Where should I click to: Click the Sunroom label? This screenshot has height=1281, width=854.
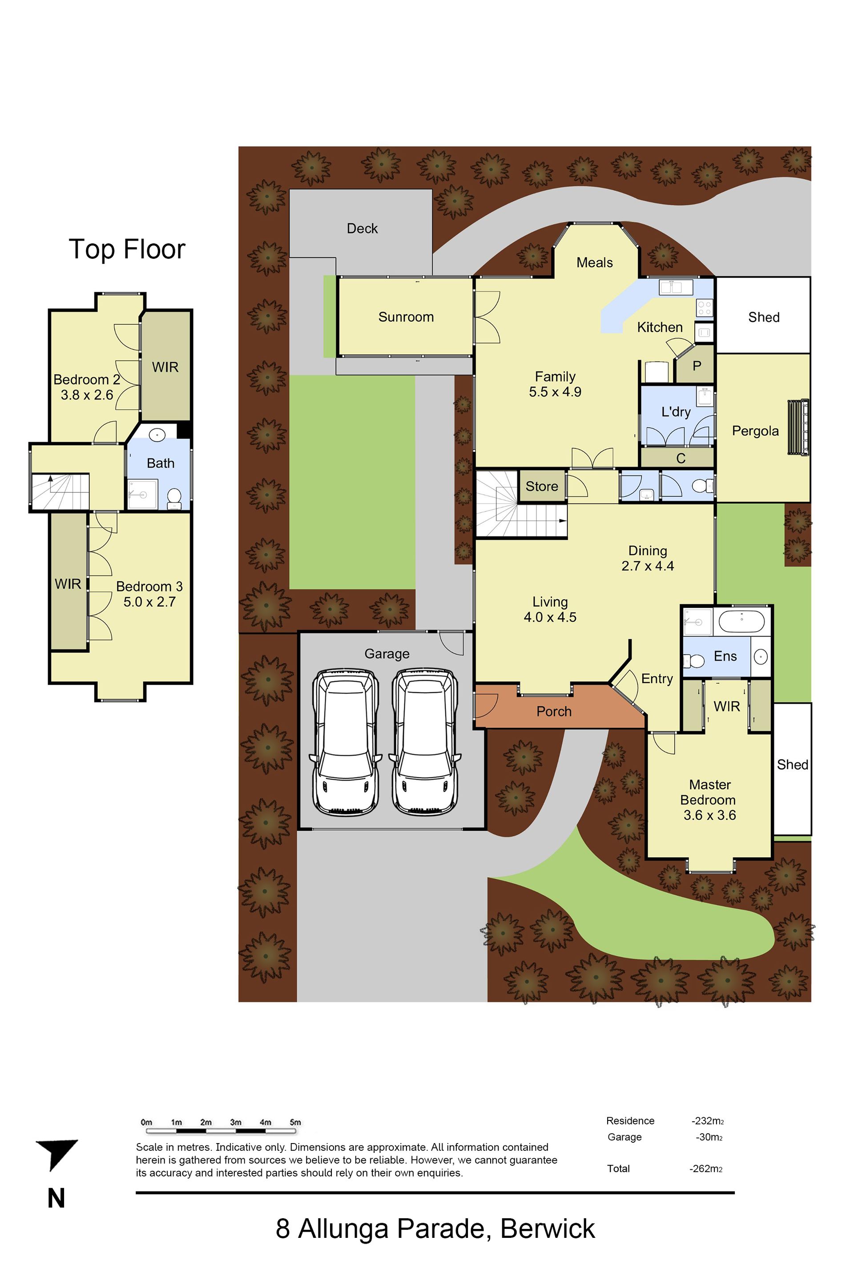406,317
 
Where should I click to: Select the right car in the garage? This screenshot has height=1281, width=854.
425,742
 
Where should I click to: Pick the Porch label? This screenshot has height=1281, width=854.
554,711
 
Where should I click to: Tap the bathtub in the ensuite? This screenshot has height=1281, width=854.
741,621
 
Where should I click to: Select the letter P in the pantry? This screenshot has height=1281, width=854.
697,366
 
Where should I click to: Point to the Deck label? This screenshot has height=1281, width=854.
362,228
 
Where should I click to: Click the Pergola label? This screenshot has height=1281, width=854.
755,431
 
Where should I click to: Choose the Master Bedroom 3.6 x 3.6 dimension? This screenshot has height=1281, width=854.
710,815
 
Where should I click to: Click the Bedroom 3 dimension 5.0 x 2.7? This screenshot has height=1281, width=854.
149,602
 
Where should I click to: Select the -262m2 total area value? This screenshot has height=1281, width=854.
706,1169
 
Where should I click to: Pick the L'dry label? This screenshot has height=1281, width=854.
676,412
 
